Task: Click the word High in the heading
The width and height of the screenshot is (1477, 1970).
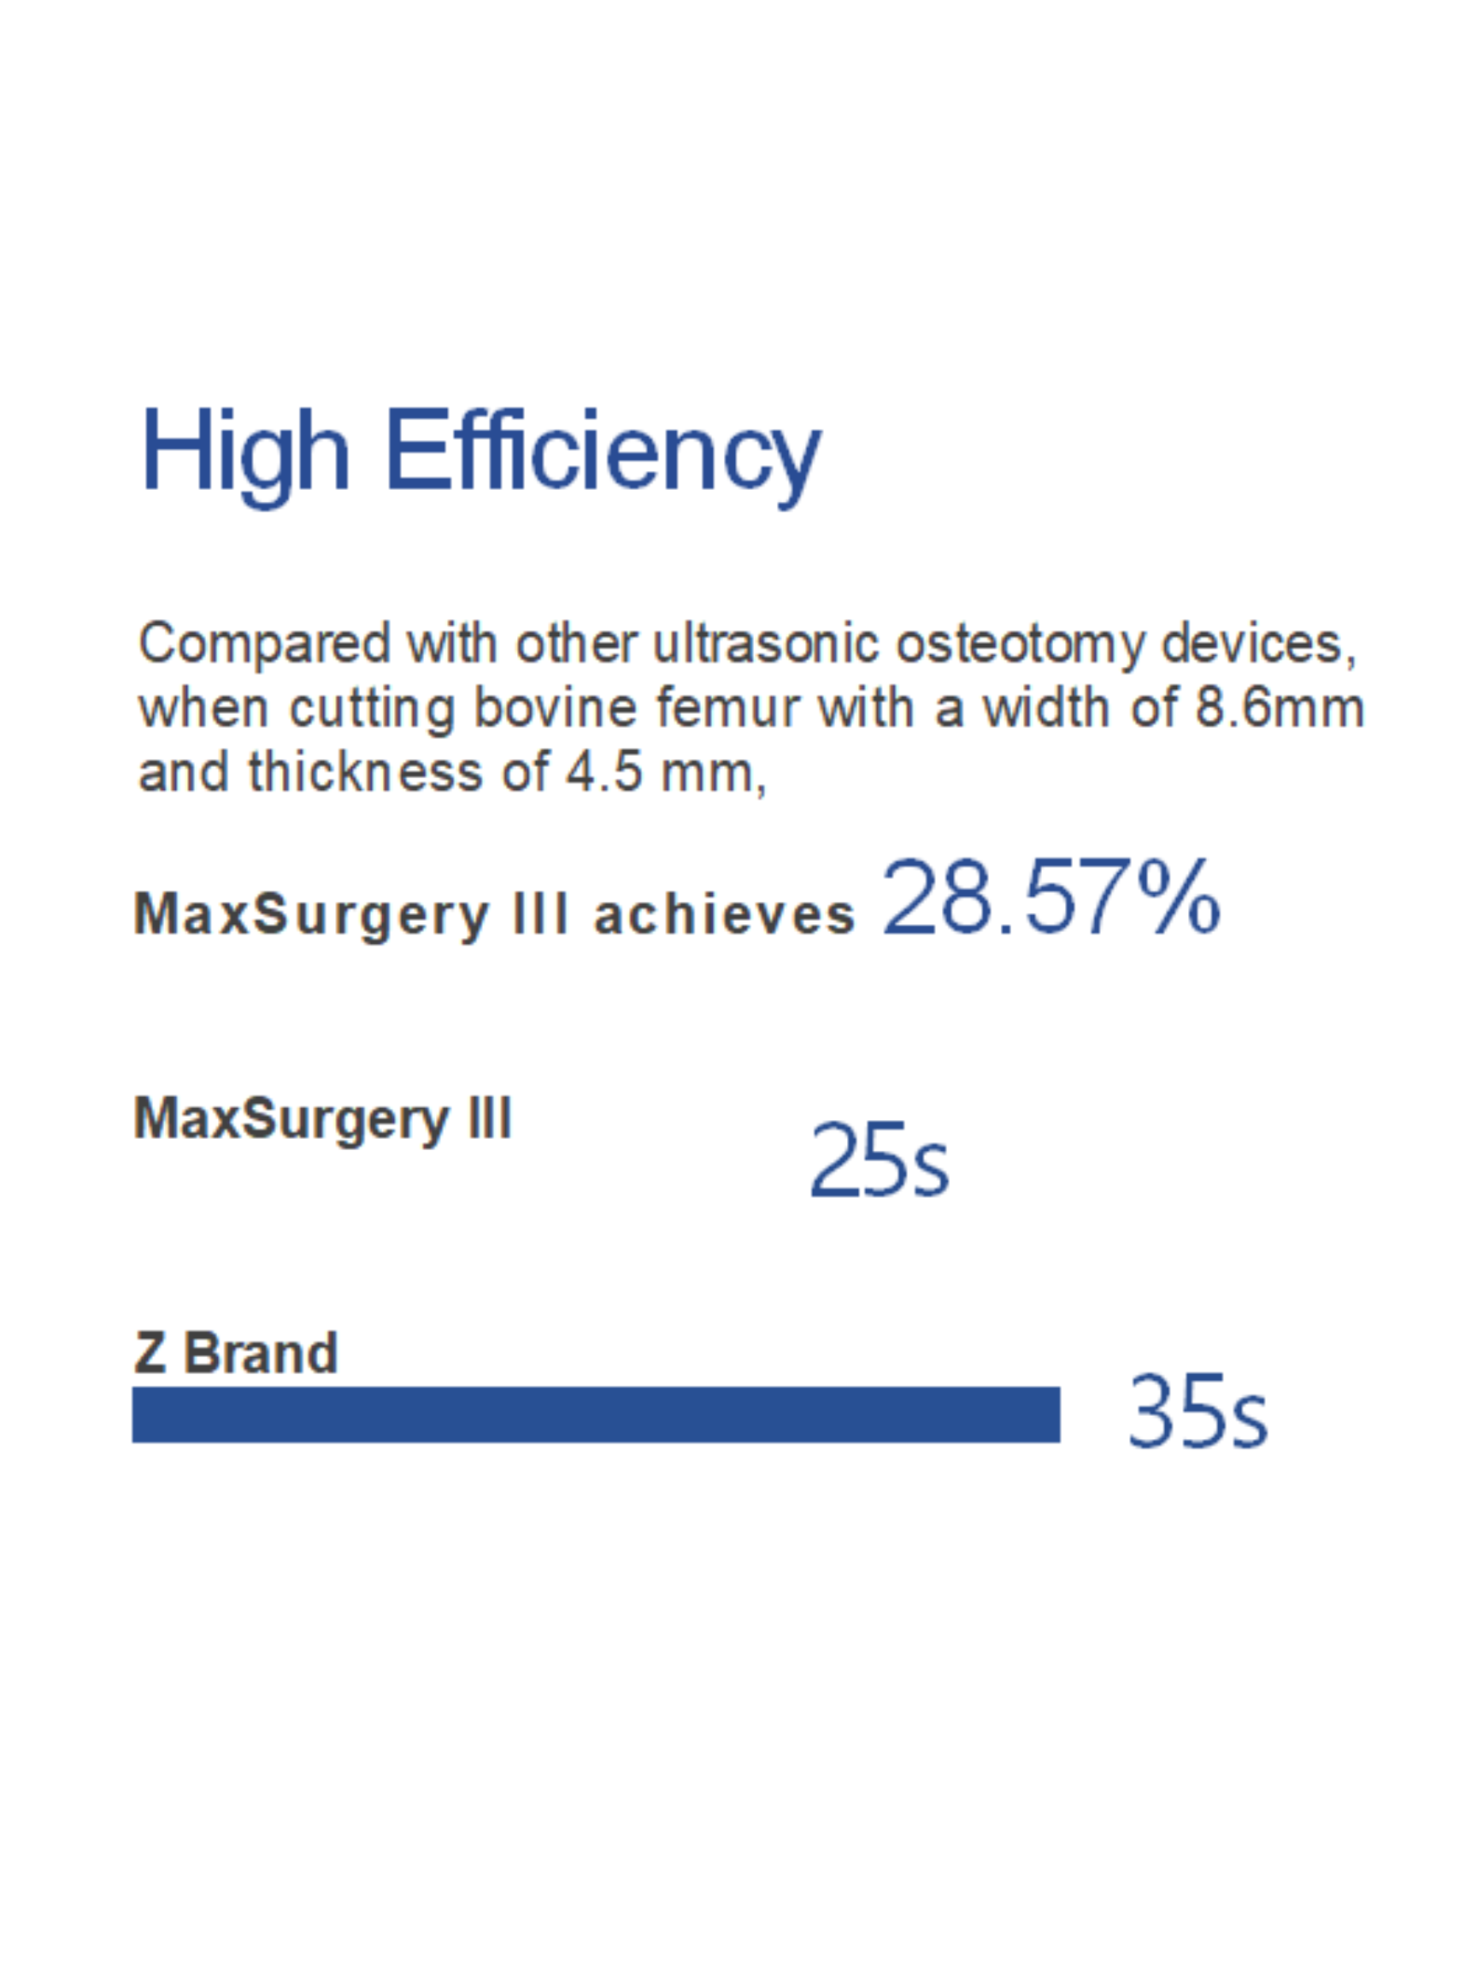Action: point(244,456)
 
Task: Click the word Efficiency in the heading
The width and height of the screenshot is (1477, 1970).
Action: point(603,456)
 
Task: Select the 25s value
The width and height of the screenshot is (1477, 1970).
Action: point(880,1159)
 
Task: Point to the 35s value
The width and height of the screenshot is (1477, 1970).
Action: point(1197,1411)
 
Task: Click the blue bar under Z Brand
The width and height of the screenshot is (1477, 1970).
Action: point(596,1414)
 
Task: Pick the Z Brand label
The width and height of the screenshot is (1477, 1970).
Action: point(236,1353)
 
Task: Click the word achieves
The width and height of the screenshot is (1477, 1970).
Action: point(724,915)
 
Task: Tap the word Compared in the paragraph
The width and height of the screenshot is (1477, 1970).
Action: point(264,644)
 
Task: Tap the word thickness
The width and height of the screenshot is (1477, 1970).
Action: point(366,771)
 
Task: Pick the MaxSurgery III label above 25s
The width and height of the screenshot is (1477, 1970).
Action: point(322,1119)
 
